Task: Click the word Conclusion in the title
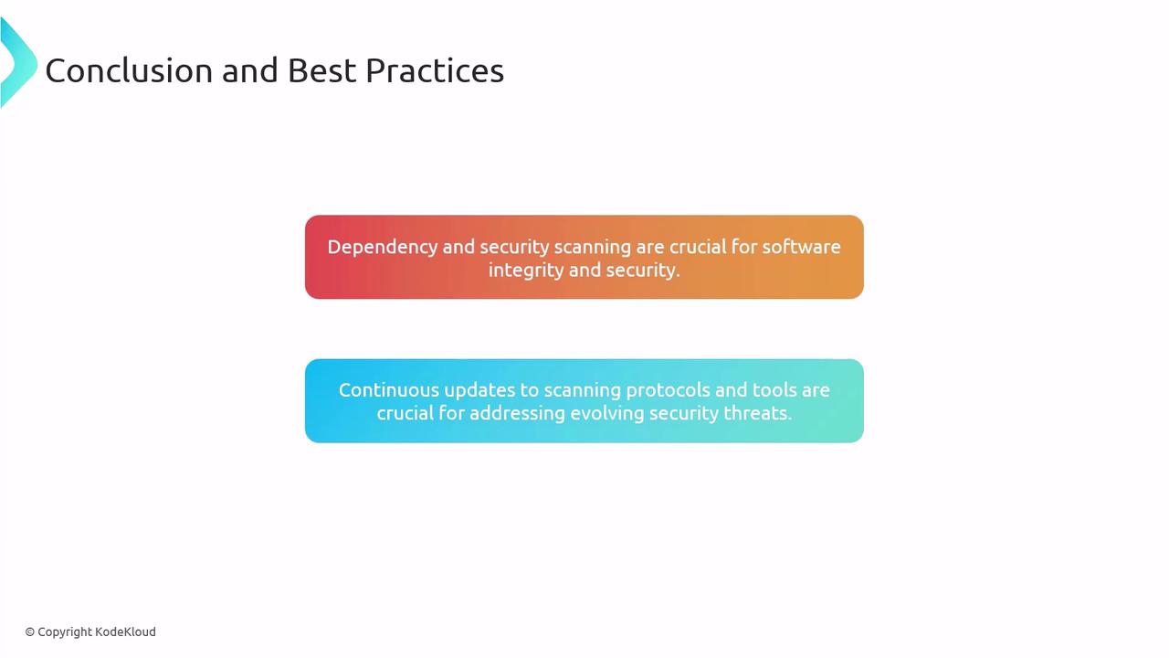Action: pyautogui.click(x=129, y=70)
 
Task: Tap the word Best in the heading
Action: pyautogui.click(x=321, y=70)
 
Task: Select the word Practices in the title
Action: pyautogui.click(x=435, y=70)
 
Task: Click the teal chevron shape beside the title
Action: pyautogui.click(x=18, y=63)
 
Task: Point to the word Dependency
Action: pyautogui.click(x=383, y=248)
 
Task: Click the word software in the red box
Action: pyautogui.click(x=801, y=247)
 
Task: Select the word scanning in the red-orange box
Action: pyautogui.click(x=593, y=248)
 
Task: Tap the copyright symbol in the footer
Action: pyautogui.click(x=30, y=632)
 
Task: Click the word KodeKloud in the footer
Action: pyautogui.click(x=125, y=631)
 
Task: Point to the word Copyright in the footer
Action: pyautogui.click(x=65, y=632)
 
